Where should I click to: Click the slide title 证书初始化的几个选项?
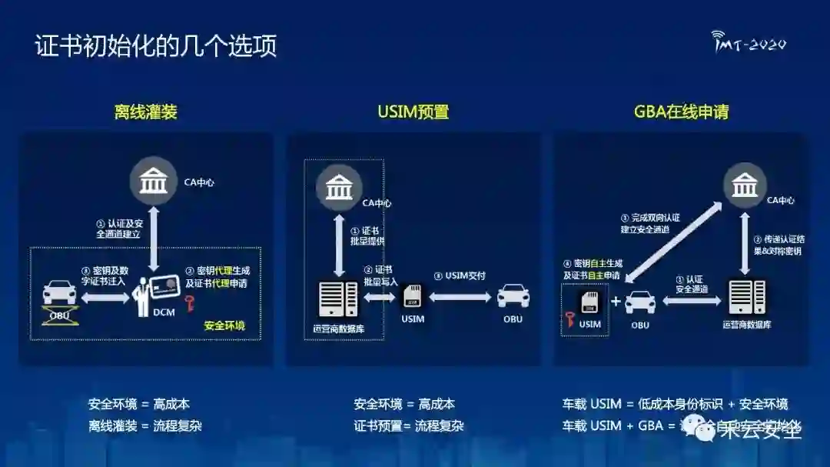[156, 45]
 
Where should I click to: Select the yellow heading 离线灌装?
[146, 112]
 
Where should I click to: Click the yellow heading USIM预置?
[413, 112]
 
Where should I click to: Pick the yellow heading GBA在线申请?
[681, 112]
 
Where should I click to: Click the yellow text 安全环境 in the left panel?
[224, 326]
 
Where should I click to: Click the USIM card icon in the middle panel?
[412, 296]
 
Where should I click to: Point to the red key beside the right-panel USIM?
[571, 319]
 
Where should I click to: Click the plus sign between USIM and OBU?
[615, 301]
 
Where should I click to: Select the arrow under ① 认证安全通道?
[692, 301]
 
